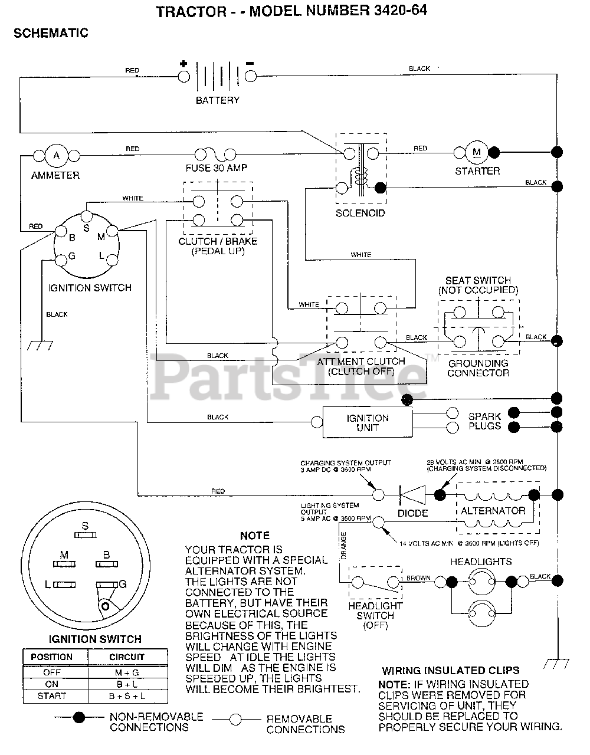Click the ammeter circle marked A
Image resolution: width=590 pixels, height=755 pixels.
[57, 156]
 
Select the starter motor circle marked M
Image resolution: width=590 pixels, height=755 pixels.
[477, 152]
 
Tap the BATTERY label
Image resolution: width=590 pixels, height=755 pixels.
[218, 100]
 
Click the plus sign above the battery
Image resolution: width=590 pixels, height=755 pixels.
[183, 64]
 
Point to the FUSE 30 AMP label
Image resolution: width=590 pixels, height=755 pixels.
[217, 168]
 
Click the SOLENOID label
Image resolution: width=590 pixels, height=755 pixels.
[360, 213]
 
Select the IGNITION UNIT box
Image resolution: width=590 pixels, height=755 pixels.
[367, 422]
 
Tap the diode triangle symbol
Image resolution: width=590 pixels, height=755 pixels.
[413, 494]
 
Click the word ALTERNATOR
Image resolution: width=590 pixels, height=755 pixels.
[493, 511]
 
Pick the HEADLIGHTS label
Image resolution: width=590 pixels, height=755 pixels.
[481, 562]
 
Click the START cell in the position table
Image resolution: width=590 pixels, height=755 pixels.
[52, 696]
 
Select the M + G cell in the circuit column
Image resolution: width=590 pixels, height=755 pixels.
[127, 672]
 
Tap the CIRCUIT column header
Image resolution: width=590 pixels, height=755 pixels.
[127, 656]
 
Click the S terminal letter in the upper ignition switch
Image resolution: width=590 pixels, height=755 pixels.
[86, 228]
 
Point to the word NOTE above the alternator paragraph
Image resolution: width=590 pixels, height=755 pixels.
[255, 536]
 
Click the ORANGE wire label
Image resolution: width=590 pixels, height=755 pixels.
[343, 545]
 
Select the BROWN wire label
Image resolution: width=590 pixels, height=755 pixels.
[418, 578]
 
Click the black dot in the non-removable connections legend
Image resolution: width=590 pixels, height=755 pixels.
[78, 717]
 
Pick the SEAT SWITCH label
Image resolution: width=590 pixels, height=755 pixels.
[478, 280]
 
